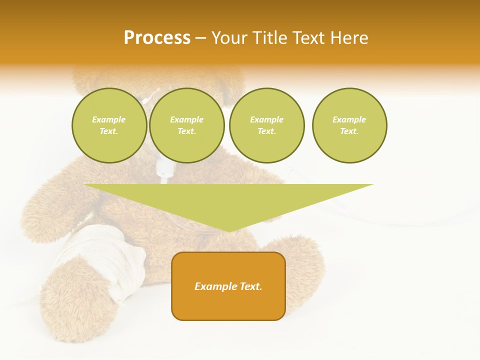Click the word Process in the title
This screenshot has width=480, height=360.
[157, 38]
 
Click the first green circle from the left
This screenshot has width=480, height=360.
[109, 125]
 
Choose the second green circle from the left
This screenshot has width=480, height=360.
[186, 125]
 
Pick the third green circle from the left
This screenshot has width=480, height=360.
[266, 125]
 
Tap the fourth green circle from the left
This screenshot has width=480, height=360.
[349, 125]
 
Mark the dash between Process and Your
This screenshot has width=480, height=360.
[200, 38]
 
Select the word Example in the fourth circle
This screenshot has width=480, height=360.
[349, 119]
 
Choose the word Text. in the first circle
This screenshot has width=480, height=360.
[109, 131]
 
